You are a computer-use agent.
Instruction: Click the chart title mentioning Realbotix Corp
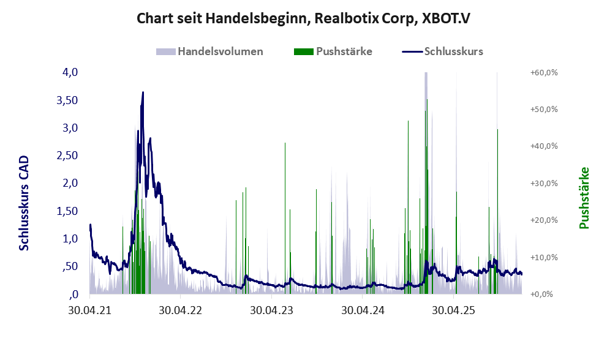[x=303, y=18]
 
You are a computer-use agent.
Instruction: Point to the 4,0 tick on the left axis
[x=70, y=72]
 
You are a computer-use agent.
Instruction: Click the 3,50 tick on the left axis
[x=67, y=100]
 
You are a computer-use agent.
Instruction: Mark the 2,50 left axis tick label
[x=67, y=156]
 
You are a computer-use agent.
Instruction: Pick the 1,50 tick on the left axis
[x=67, y=211]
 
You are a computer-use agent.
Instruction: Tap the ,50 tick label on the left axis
[x=69, y=266]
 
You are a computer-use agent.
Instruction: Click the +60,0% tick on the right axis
[x=543, y=72]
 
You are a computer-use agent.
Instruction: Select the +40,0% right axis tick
[x=543, y=146]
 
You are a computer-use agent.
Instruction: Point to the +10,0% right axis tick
[x=543, y=257]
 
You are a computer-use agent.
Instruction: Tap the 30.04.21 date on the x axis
[x=89, y=310]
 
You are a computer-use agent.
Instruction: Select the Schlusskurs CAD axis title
[x=24, y=203]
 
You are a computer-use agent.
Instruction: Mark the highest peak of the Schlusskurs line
[x=143, y=92]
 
